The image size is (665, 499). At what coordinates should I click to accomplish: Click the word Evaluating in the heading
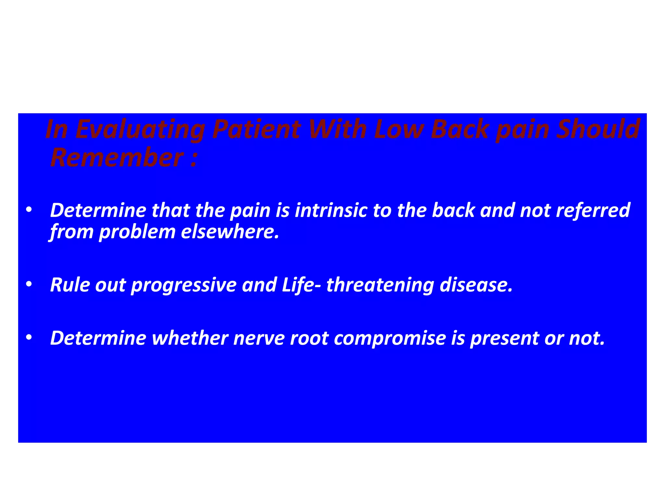coord(140,130)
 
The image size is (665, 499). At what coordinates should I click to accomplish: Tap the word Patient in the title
coord(257,130)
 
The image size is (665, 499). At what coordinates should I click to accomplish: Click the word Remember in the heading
coord(117,158)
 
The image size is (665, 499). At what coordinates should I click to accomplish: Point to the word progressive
coord(184,285)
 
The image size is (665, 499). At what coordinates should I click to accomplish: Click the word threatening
coord(380,285)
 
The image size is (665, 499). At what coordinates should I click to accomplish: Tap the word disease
coord(476,285)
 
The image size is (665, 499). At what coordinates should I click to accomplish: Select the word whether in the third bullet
coord(190,338)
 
